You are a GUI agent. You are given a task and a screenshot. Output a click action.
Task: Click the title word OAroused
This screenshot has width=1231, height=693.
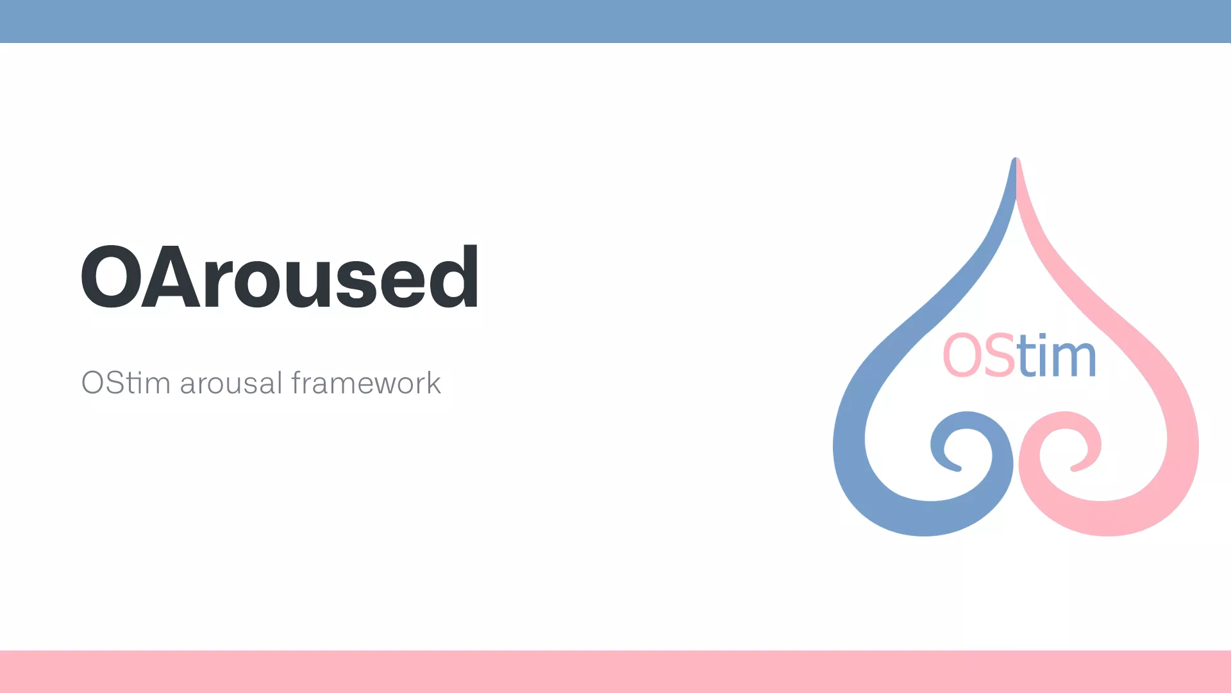point(280,277)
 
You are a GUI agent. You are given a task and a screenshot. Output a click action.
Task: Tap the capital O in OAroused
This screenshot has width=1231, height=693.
point(112,277)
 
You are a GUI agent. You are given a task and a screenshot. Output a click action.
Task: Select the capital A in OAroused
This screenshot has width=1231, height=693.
point(171,277)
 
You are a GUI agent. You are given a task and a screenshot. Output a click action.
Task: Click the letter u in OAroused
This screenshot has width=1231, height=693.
point(306,285)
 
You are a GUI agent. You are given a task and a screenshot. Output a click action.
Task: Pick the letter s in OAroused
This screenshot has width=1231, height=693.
point(355,285)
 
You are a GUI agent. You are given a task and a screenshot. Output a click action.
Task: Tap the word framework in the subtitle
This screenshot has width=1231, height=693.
point(366,382)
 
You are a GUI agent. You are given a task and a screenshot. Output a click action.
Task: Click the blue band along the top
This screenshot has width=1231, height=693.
point(615,21)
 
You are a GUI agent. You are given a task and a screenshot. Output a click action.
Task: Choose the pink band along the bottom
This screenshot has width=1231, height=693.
point(615,672)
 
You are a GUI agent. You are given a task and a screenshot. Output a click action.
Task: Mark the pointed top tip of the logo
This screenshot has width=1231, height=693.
point(1016,158)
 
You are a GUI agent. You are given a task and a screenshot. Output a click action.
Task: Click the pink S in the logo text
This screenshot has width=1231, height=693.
point(997,355)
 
